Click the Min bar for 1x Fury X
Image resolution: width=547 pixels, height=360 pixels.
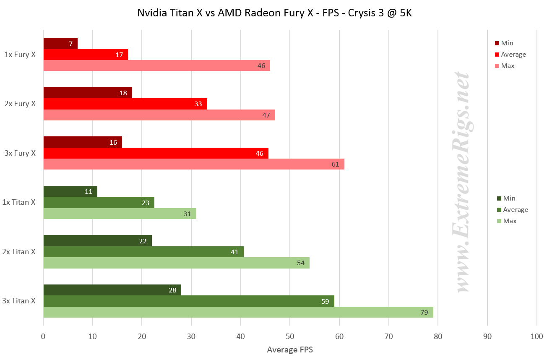click(x=60, y=43)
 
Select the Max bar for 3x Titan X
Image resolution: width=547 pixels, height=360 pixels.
click(x=238, y=312)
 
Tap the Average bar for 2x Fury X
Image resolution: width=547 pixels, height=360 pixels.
click(x=125, y=104)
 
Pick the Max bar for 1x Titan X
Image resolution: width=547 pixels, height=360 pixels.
click(x=120, y=214)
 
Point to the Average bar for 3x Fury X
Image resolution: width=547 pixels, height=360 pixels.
click(x=156, y=153)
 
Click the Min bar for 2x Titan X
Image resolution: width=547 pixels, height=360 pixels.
click(x=97, y=240)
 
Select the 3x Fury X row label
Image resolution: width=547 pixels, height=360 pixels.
click(x=20, y=153)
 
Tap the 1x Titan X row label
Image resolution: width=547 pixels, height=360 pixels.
click(x=18, y=202)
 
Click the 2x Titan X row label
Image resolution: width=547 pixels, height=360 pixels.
click(x=18, y=252)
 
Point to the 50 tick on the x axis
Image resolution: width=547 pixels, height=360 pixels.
click(x=290, y=337)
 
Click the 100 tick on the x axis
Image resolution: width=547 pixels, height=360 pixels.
click(x=537, y=337)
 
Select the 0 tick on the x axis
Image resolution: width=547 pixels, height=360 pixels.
click(x=43, y=337)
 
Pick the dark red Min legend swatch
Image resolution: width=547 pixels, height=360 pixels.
click(x=498, y=43)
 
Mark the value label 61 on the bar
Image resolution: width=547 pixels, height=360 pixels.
click(x=335, y=164)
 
